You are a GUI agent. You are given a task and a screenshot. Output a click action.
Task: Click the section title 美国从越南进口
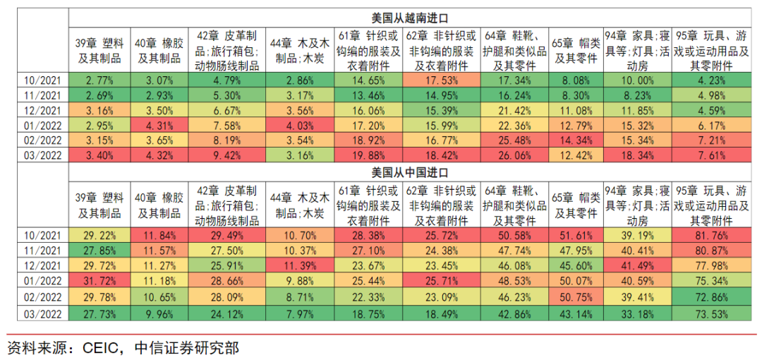point(410,17)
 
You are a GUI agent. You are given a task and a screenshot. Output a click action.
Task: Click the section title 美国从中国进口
point(410,172)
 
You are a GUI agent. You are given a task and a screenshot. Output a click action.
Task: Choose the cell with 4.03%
point(301,126)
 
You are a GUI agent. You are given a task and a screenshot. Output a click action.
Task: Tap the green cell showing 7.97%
point(301,313)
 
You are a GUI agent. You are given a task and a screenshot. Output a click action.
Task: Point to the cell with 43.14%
point(576,313)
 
